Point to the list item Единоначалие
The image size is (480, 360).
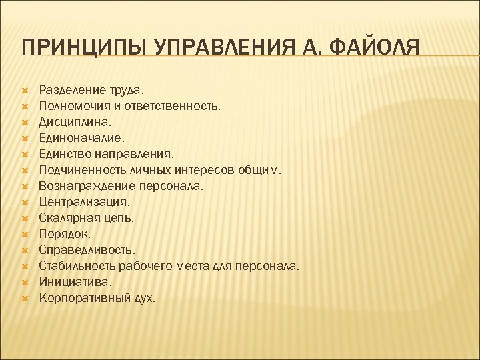click(x=81, y=138)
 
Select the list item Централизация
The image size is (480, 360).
click(x=85, y=202)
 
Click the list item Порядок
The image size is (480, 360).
click(x=64, y=234)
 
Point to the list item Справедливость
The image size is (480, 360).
click(x=87, y=250)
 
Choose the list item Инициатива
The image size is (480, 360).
click(x=75, y=282)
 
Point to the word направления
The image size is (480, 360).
click(x=135, y=154)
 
